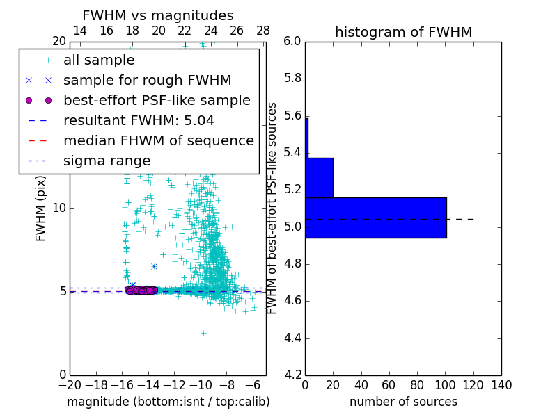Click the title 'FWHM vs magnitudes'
click(157, 15)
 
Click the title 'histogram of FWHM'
click(403, 32)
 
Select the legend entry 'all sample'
click(99, 60)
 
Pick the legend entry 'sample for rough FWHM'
click(147, 81)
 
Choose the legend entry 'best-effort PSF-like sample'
click(157, 101)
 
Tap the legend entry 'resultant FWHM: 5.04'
click(139, 121)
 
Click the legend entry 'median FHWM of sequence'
click(158, 141)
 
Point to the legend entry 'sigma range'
click(107, 161)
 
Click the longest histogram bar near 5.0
click(375, 218)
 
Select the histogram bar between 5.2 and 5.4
click(319, 177)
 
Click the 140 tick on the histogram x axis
click(501, 385)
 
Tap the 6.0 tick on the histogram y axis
click(292, 42)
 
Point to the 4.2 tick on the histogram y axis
click(292, 375)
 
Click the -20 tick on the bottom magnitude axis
click(70, 385)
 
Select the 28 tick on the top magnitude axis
click(263, 31)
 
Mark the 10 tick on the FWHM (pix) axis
click(59, 208)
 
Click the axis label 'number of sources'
click(403, 402)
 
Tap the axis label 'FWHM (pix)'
click(41, 208)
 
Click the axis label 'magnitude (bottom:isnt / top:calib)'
click(168, 402)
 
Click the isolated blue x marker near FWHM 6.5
click(154, 266)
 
